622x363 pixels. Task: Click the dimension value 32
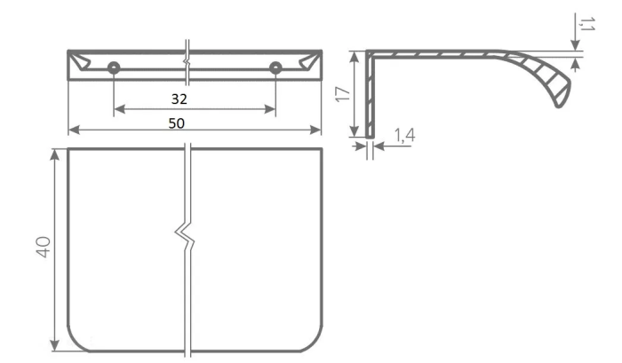pyautogui.click(x=179, y=99)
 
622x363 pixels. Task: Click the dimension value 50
pyautogui.click(x=177, y=123)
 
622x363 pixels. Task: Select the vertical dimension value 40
pyautogui.click(x=43, y=247)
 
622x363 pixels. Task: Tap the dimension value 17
pyautogui.click(x=343, y=94)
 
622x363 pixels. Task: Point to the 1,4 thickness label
pyautogui.click(x=404, y=135)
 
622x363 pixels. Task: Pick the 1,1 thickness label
pyautogui.click(x=586, y=24)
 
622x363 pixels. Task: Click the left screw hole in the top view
pyautogui.click(x=114, y=68)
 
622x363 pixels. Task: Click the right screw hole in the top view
pyautogui.click(x=275, y=68)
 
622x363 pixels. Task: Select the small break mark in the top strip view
pyautogui.click(x=187, y=62)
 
